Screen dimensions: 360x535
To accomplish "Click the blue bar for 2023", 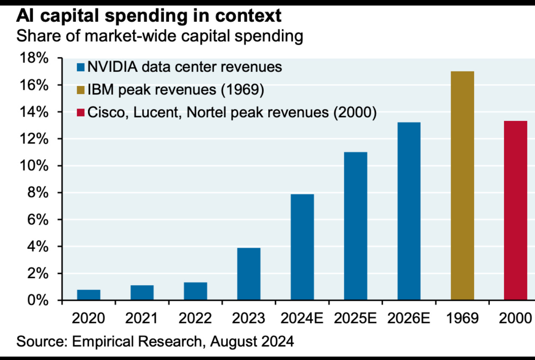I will click(249, 274).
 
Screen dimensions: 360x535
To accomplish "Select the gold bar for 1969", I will click(462, 186).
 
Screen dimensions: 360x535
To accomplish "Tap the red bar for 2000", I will click(515, 211).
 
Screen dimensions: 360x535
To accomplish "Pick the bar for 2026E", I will click(409, 211).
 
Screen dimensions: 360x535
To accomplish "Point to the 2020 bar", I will click(89, 295).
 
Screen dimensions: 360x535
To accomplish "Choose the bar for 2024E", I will click(302, 247).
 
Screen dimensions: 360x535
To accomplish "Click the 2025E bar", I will click(355, 226).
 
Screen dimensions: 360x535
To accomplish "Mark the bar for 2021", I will click(142, 293).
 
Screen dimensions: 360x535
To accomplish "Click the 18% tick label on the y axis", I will click(33, 59).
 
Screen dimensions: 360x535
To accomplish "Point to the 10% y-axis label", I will click(33, 166).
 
